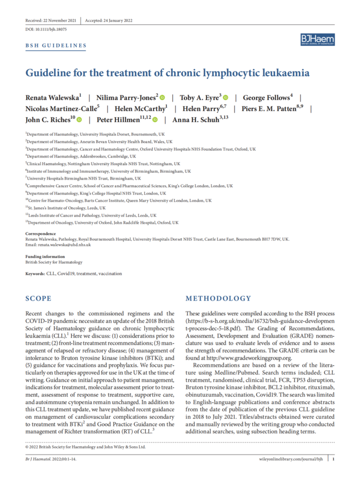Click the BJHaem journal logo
[x=317, y=40]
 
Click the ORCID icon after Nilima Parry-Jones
[x=162, y=97]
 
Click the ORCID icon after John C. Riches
[x=80, y=119]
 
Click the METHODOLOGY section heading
[x=216, y=299]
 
